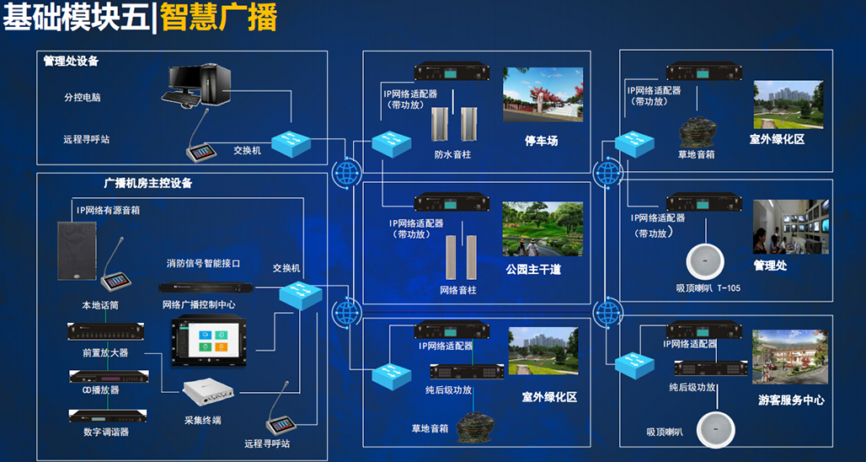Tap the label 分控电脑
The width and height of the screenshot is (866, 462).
tap(83, 98)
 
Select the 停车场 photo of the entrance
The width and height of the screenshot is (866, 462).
tap(543, 94)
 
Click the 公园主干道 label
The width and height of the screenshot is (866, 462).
tap(533, 271)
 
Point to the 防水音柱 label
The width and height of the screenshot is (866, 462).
tap(452, 155)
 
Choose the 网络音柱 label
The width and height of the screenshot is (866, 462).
tap(458, 289)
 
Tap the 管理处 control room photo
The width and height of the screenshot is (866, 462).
tap(791, 227)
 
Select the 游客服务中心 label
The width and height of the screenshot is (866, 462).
tap(791, 400)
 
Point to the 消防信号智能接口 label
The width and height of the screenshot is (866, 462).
tap(204, 264)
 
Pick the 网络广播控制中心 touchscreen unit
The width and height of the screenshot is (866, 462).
tap(209, 341)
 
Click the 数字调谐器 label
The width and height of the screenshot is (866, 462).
tap(107, 432)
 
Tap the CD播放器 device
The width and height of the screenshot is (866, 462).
tap(109, 377)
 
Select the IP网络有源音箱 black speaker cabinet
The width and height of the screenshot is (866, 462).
tap(77, 250)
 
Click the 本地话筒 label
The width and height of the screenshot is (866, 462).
tap(100, 305)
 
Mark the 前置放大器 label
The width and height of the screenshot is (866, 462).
tap(105, 352)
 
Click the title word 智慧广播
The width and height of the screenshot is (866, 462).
tap(219, 18)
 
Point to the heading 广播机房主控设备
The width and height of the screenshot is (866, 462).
tap(148, 184)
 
